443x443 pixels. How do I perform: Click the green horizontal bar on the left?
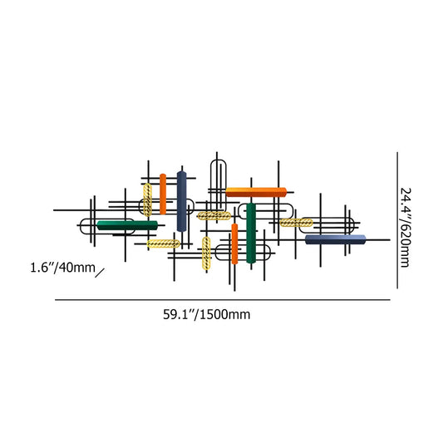point(126,224)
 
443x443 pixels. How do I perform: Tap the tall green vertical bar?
point(250,233)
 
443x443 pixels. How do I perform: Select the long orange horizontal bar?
point(256,193)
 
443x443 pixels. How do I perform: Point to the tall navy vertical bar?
point(181,200)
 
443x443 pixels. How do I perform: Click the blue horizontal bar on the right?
point(335,239)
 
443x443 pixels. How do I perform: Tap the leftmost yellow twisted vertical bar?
point(147,200)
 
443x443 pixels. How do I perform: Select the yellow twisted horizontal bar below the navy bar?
point(164,244)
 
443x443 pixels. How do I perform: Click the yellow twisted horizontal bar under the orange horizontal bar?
point(214,216)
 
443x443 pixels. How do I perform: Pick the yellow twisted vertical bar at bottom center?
point(206,253)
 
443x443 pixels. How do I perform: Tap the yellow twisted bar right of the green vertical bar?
point(297,223)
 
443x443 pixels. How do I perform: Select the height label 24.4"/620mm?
point(405,226)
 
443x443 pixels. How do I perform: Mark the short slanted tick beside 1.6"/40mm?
point(101,272)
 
